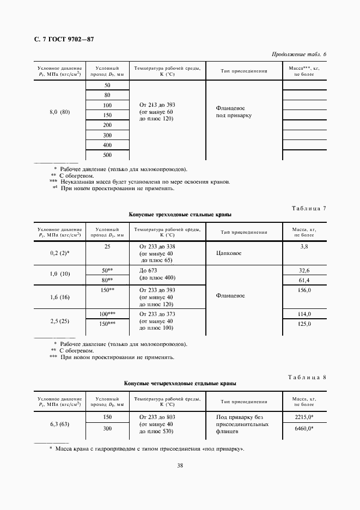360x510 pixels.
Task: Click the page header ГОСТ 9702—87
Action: tap(65, 39)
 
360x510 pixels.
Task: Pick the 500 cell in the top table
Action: tap(107, 155)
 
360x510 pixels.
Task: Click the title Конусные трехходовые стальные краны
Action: tap(180, 215)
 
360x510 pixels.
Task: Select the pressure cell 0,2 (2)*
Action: tap(60, 253)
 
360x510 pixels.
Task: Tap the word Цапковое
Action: tap(229, 253)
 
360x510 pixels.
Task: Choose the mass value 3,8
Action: tap(304, 247)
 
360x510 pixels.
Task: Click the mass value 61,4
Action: tap(304, 280)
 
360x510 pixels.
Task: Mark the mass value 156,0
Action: tap(304, 290)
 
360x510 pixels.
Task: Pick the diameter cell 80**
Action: tap(107, 280)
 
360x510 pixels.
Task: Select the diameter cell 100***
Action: tap(107, 314)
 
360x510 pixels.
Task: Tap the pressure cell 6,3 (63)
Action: tap(60, 423)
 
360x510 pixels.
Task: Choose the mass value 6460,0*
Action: tap(304, 429)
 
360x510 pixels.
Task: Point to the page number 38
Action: tap(180, 465)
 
